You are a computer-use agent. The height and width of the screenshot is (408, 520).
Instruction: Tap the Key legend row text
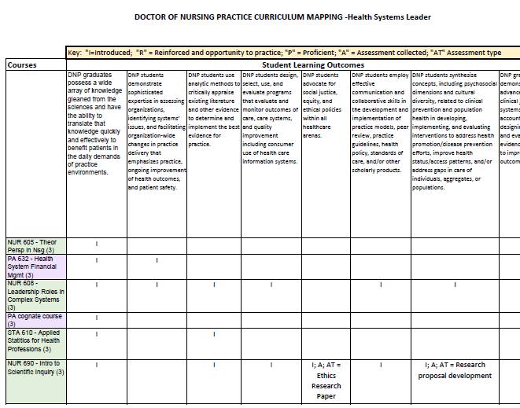[x=284, y=53]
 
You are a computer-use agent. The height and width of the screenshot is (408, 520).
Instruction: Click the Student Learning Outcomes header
[x=312, y=65]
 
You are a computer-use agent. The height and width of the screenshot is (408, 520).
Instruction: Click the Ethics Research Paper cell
[x=326, y=380]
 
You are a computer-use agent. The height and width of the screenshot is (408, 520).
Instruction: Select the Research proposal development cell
[x=455, y=370]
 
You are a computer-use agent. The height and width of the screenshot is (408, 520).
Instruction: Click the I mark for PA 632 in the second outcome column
[x=157, y=260]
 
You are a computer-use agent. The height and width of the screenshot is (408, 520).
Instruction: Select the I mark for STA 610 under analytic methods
[x=213, y=334]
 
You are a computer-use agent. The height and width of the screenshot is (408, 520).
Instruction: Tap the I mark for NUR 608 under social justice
[x=326, y=285]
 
